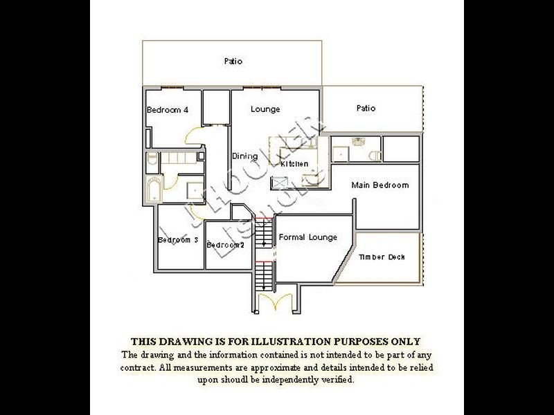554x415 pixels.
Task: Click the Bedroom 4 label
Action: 167,110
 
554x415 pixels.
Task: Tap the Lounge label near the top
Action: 265,109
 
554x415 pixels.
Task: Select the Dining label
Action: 244,156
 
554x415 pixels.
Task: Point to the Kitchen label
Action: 294,164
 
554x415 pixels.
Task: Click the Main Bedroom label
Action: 379,185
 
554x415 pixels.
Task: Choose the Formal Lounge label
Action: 308,237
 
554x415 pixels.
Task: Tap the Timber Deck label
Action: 382,257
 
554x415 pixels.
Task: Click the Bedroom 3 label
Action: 178,240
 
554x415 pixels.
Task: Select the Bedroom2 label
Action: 225,245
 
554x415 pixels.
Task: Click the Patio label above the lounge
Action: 233,62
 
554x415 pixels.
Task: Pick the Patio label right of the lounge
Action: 366,109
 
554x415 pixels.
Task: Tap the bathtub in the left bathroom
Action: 153,189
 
